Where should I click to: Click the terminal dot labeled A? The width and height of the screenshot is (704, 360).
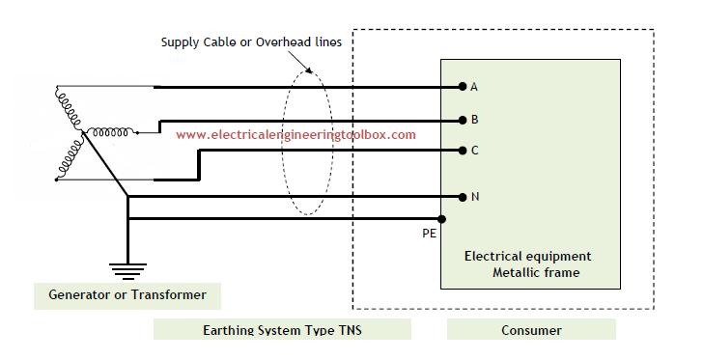point(463,87)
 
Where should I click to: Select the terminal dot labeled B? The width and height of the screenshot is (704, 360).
point(463,121)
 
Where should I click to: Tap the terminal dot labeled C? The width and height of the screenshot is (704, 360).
point(463,151)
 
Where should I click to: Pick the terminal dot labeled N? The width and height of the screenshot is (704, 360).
point(463,197)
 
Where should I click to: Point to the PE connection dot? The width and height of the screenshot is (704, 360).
point(441,219)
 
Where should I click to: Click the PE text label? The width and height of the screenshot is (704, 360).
point(429,234)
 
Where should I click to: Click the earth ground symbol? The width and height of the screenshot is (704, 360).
point(128,271)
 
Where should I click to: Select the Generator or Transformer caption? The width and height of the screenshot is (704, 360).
point(127,295)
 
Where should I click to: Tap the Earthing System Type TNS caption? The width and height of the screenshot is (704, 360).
point(282,331)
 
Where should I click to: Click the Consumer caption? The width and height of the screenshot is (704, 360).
point(531,331)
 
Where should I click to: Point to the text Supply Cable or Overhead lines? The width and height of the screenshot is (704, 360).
point(251,42)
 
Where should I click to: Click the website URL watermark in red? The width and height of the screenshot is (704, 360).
point(296,135)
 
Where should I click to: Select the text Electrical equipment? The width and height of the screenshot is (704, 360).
point(527,257)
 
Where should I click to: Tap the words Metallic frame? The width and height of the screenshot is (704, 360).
point(536,272)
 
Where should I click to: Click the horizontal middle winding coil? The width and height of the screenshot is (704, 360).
point(110,132)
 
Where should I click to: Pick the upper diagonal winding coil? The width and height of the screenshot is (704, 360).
point(70,108)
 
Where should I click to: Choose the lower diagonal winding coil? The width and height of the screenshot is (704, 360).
point(70,159)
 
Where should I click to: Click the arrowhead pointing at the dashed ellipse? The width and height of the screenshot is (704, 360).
point(308,69)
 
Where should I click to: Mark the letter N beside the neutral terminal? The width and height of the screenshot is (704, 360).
point(475,197)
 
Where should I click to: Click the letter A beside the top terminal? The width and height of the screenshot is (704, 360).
point(473,87)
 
